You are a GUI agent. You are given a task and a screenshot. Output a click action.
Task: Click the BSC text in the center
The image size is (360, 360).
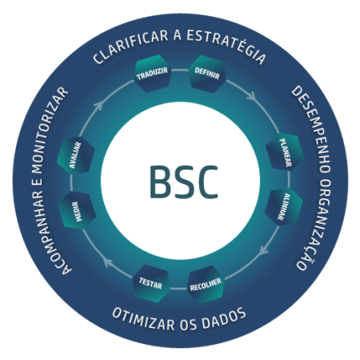tap(184, 182)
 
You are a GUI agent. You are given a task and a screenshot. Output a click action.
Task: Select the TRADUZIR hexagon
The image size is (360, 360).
tap(152, 74)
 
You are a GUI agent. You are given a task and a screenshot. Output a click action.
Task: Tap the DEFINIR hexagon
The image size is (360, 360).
tap(207, 74)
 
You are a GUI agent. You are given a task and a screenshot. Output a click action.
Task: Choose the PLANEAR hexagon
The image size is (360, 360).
tap(285, 152)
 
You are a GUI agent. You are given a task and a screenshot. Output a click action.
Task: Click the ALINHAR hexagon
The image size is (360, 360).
tap(284, 207)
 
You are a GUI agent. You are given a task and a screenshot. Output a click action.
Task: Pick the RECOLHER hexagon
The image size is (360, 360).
tap(206, 285)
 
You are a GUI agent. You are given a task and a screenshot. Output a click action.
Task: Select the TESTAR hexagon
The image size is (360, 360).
tap(151, 283)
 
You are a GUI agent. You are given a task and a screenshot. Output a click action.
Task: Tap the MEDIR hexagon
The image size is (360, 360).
tap(77, 210)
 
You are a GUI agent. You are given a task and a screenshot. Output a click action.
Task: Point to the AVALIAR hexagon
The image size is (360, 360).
tap(76, 155)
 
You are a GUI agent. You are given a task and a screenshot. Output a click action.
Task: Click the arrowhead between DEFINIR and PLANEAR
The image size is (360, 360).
tap(252, 97)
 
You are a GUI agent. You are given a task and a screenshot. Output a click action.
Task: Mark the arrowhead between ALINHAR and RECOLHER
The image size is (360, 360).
tap(263, 250)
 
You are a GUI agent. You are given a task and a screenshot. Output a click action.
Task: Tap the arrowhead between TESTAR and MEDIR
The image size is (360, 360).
tap(108, 262)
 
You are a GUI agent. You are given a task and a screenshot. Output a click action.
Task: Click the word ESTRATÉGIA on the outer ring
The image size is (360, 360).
tap(226, 46)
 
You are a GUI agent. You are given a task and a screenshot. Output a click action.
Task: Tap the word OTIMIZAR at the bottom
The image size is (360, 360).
tap(143, 319)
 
